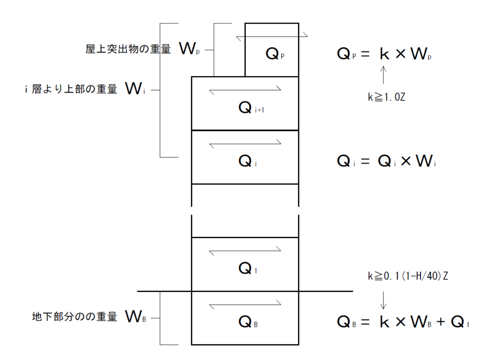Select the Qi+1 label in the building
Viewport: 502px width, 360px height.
click(248, 108)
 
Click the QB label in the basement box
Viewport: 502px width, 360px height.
click(248, 322)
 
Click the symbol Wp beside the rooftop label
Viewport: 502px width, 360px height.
click(190, 48)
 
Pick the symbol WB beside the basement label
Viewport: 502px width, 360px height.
click(136, 317)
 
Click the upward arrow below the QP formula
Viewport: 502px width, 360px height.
click(383, 76)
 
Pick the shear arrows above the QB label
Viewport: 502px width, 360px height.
click(245, 306)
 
